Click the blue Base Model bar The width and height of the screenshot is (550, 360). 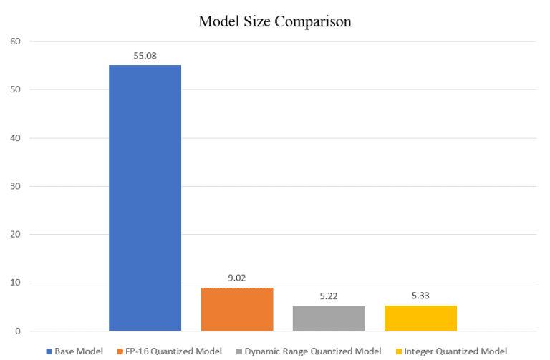pyautogui.click(x=145, y=198)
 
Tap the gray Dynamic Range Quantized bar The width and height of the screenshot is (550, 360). pyautogui.click(x=329, y=318)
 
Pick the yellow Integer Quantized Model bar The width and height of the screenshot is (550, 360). pyautogui.click(x=420, y=318)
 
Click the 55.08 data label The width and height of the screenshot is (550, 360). pyautogui.click(x=145, y=54)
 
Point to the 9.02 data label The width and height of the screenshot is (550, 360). pyautogui.click(x=237, y=277)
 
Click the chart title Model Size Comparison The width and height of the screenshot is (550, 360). pyautogui.click(x=275, y=21)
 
